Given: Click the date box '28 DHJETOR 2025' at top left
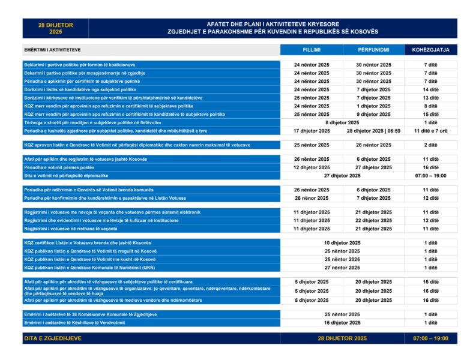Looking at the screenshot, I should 55,28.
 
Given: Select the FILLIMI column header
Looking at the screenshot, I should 312,50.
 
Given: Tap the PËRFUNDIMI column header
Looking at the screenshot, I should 373,50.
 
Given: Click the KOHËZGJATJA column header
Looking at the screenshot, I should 430,50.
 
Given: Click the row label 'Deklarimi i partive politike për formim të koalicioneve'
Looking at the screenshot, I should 80,64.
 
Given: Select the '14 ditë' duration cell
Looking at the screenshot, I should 430,89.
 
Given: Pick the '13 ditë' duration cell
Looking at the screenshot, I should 430,97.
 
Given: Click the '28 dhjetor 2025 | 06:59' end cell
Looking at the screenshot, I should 373,130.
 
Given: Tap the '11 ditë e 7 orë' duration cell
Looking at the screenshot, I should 430,130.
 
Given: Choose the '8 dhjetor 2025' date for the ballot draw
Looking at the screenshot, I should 342,122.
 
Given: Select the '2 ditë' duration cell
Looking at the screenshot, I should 430,145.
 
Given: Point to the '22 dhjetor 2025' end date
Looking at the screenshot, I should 373,220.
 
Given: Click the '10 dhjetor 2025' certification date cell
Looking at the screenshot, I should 342,243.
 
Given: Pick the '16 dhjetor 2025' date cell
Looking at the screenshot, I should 342,322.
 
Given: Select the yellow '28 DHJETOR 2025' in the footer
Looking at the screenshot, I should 342,338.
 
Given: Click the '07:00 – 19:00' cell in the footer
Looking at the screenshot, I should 430,338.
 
